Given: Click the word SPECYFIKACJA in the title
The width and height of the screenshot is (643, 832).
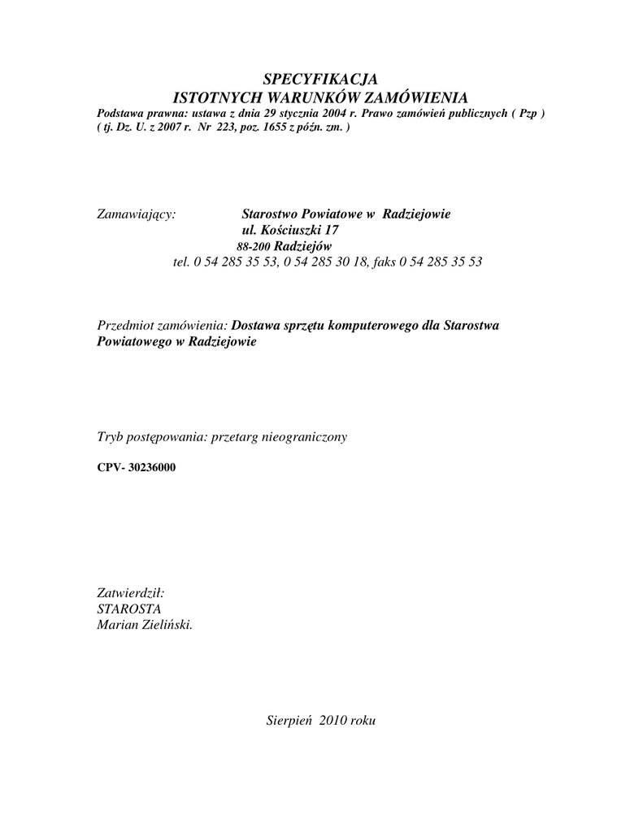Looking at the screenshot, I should pyautogui.click(x=321, y=80).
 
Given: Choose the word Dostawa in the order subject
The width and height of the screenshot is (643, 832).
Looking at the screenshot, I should pyautogui.click(x=256, y=325).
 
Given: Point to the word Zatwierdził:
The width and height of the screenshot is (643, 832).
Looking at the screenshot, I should pyautogui.click(x=131, y=594).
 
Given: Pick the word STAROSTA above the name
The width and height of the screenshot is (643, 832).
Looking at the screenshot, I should pyautogui.click(x=129, y=609).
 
